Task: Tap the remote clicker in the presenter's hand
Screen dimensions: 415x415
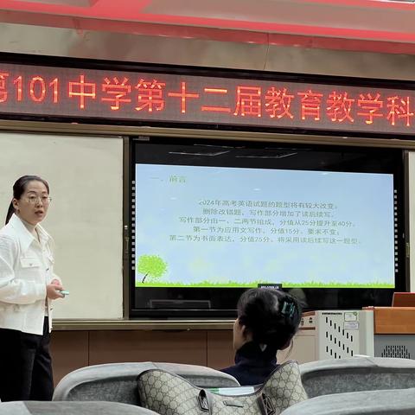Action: point(63,293)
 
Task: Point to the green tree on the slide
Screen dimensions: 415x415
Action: point(152,266)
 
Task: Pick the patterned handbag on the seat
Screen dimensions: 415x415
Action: point(222,393)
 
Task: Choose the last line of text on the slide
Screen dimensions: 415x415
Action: point(265,239)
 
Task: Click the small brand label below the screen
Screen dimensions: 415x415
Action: point(270,285)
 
